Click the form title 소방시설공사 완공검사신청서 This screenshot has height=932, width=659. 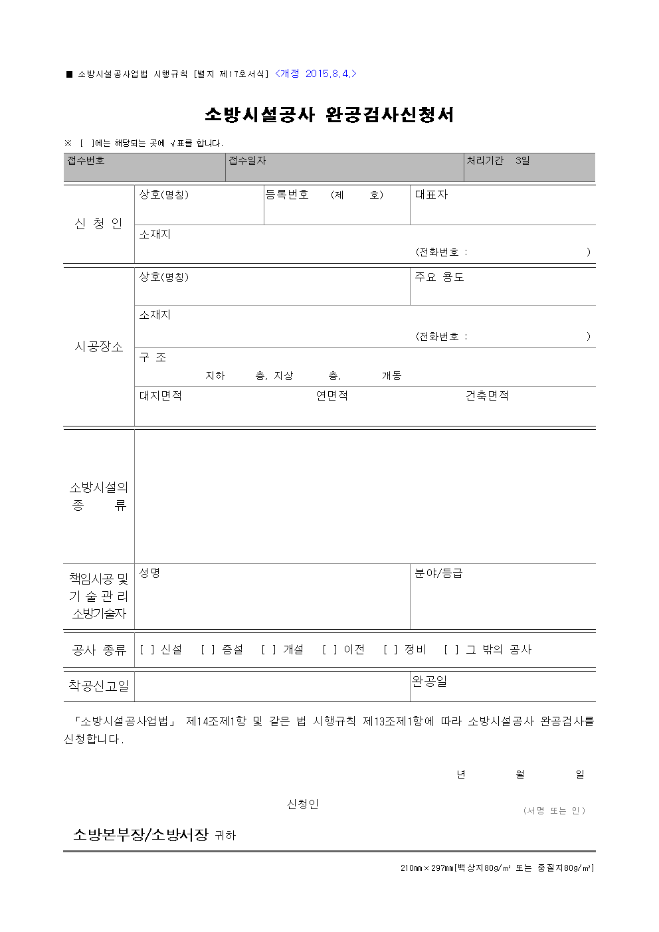pos(329,114)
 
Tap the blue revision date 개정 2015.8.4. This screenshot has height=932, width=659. pos(316,74)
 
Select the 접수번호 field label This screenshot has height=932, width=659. pos(86,161)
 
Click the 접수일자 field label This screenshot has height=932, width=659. pos(247,161)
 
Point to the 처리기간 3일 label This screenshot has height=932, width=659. pos(498,161)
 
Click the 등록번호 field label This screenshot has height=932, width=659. pos(287,195)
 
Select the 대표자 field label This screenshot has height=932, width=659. pos(431,195)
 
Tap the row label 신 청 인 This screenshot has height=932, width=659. pos(98,224)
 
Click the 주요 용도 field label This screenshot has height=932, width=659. pos(439,277)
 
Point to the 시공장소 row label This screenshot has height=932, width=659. pos(98,347)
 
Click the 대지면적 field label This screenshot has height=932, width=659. pos(160,396)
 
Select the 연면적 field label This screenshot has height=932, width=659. pos(331,396)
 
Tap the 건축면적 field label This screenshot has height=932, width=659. pos(487,396)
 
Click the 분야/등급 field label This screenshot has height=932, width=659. pos(438,573)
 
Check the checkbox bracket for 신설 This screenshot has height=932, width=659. pos(147,650)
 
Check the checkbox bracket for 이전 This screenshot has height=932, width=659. pos(329,650)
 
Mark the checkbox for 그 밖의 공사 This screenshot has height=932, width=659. pos(452,650)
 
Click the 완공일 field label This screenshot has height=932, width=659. pos(429,682)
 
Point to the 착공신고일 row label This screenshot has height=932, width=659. pos(98,686)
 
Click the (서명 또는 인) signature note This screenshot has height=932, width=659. pos(554,810)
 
